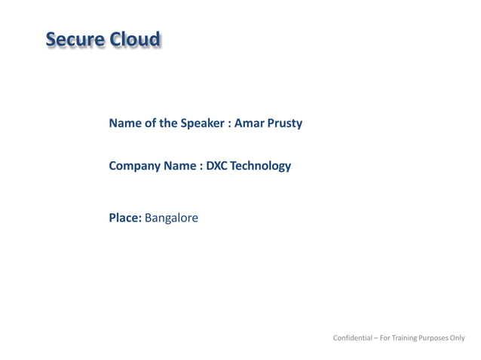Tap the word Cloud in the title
[x=135, y=40]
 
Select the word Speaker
[x=202, y=124]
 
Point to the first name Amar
[x=249, y=124]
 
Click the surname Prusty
[x=284, y=124]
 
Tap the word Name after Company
[x=179, y=166]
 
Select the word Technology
[x=260, y=166]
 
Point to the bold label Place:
[x=125, y=218]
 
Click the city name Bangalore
[x=171, y=218]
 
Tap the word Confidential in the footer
[x=352, y=338]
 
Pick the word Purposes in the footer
[x=435, y=338]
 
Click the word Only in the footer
[x=458, y=338]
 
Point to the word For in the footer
[x=385, y=338]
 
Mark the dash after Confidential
[x=375, y=338]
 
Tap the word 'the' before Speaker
[x=168, y=124]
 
